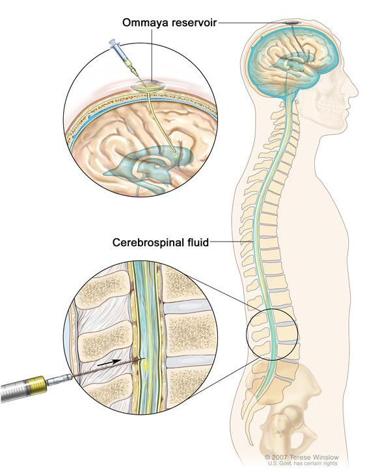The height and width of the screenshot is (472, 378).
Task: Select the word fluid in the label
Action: tap(196, 242)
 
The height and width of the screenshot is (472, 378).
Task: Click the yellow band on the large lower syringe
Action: tap(38, 386)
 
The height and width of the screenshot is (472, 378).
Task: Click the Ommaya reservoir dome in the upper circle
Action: tap(148, 86)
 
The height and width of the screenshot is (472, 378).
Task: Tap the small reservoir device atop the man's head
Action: tap(292, 23)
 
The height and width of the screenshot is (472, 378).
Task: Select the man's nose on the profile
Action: tap(355, 90)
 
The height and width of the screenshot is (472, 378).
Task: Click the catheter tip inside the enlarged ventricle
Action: tap(176, 155)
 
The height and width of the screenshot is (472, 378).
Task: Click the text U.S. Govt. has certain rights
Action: tap(303, 464)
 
